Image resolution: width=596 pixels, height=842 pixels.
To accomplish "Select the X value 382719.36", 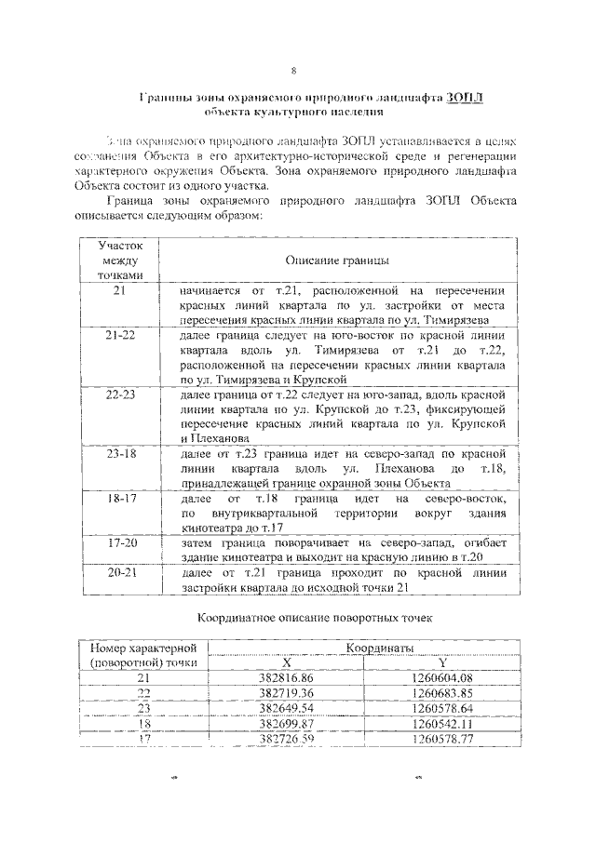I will (287, 693).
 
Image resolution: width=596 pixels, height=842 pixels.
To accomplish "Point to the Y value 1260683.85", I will (442, 693).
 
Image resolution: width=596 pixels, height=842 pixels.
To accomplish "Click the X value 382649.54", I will (287, 708).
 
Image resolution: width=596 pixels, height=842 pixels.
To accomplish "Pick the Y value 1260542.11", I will (442, 723).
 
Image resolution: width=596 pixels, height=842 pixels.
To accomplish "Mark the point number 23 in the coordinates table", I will (143, 708).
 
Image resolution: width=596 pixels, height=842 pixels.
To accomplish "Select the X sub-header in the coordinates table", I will (287, 662).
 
